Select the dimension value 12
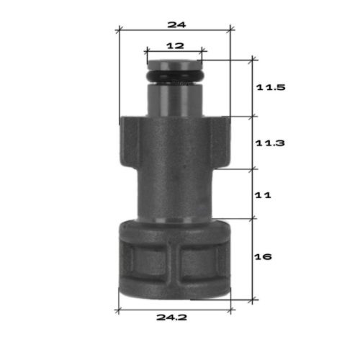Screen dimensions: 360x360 (x=174, y=45)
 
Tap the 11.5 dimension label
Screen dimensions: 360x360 (x=271, y=88)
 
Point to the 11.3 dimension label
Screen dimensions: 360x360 (x=271, y=143)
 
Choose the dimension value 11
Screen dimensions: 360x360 (x=264, y=194)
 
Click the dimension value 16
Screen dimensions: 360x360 (x=264, y=256)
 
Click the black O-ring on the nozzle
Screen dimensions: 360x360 (x=174, y=76)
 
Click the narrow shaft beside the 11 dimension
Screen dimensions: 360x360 (x=174, y=194)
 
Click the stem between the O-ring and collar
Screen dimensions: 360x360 (x=174, y=99)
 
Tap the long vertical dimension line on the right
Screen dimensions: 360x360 (x=252, y=180)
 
